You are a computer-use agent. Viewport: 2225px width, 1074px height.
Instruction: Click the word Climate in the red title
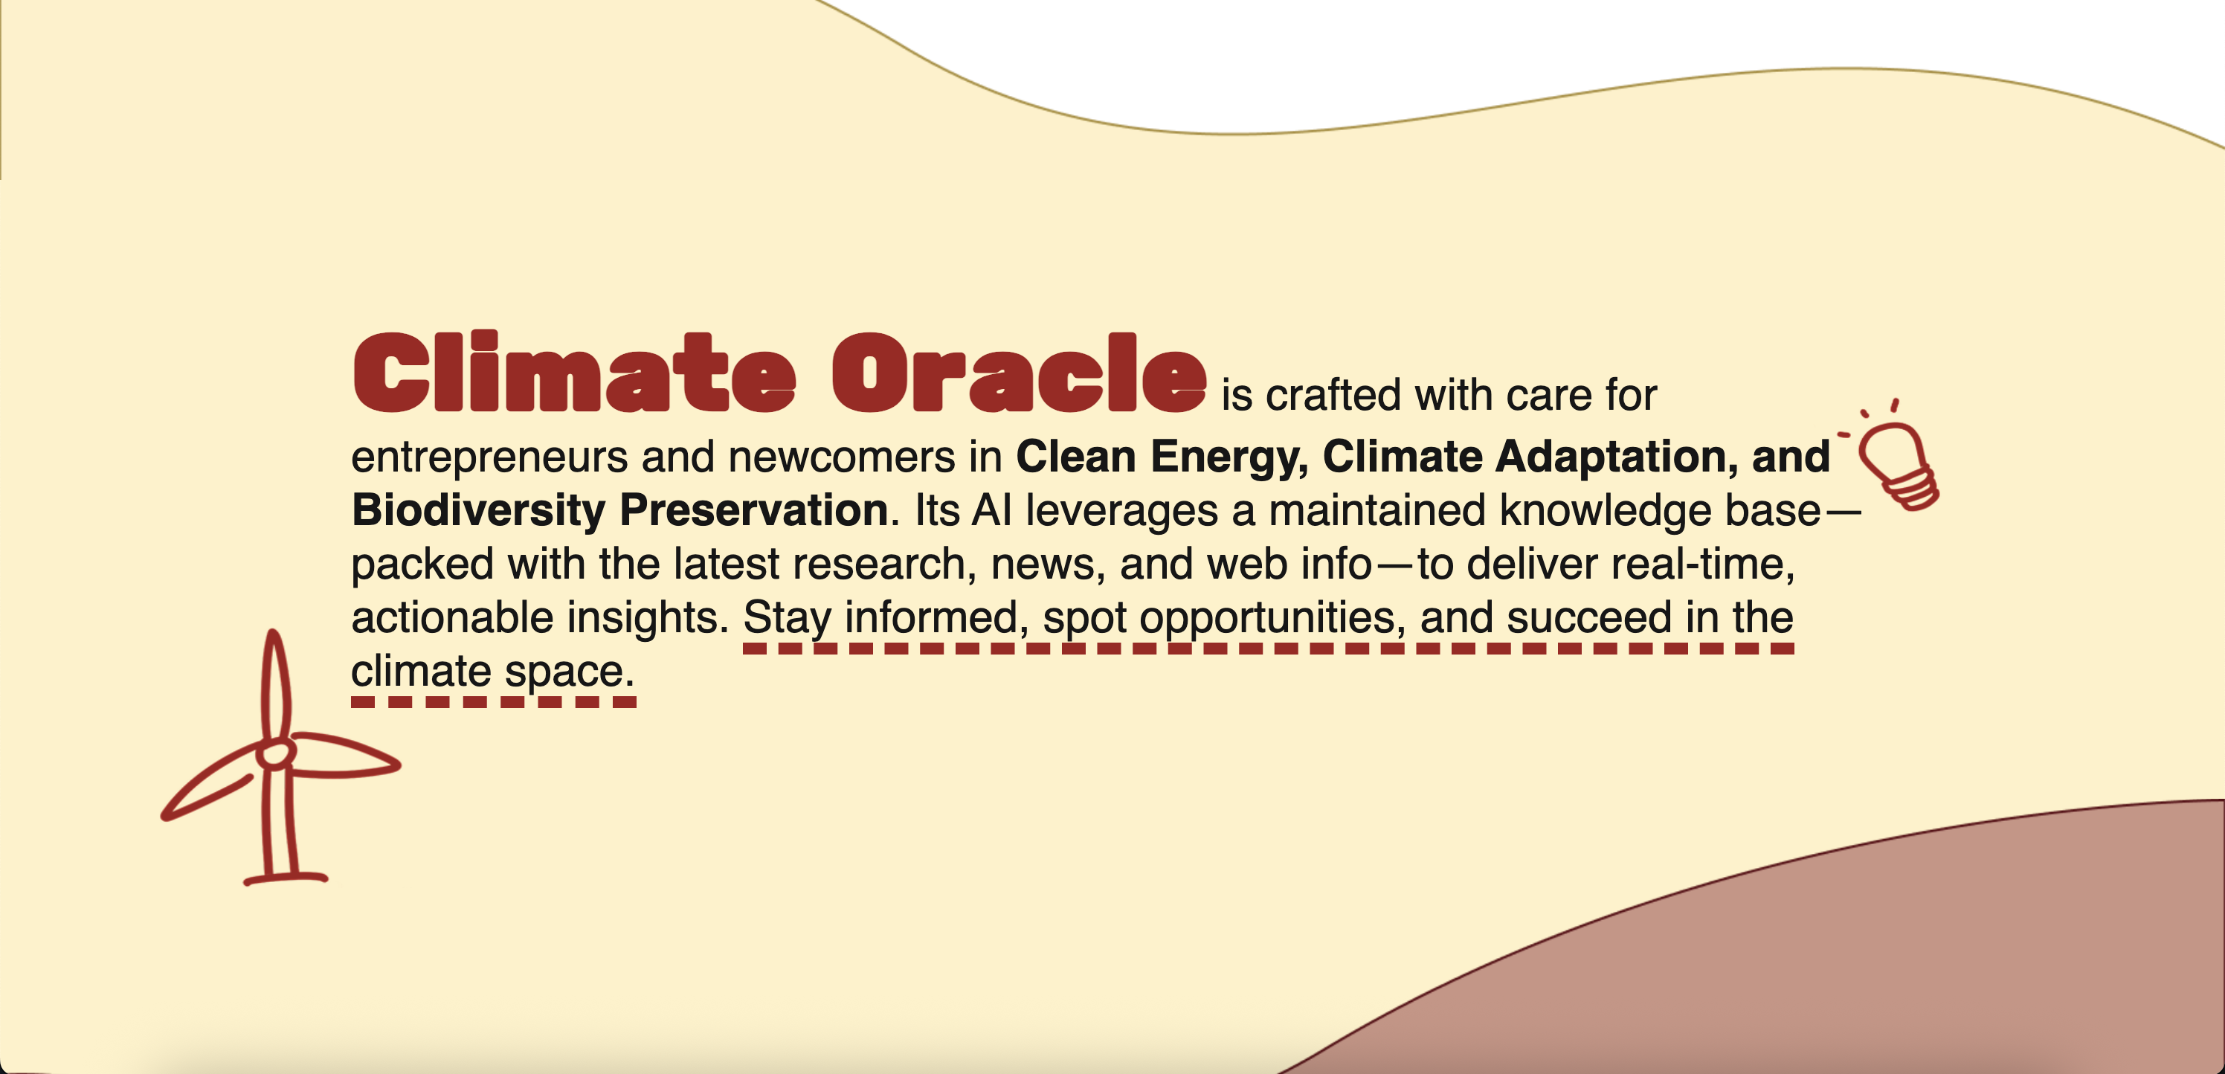573,372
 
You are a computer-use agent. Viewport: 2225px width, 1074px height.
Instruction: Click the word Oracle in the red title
1020,372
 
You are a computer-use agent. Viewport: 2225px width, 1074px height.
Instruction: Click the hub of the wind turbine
274,754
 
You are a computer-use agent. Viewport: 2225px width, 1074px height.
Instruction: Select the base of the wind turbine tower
285,878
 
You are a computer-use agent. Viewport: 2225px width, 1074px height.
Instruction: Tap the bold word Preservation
754,509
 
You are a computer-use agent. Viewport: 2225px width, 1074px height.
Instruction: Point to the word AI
991,509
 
